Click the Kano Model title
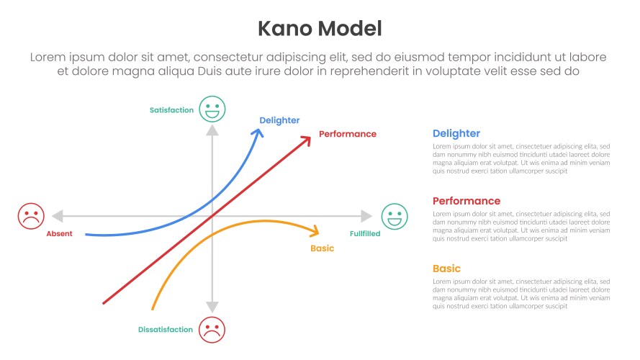pos(320,28)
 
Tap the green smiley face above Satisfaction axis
pos(212,109)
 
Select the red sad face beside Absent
pos(31,216)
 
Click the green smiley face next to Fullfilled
pos(393,216)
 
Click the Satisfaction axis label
pos(171,110)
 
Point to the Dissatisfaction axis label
pos(166,330)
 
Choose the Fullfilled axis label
pos(365,234)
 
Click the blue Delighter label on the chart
pos(279,120)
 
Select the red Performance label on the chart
pos(347,134)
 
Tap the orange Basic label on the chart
pos(322,248)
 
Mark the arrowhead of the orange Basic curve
pos(315,232)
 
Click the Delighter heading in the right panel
pos(456,133)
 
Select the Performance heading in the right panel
pos(467,201)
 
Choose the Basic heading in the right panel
pos(446,269)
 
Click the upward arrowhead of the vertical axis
pos(212,130)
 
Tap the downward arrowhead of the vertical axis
pos(212,307)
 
